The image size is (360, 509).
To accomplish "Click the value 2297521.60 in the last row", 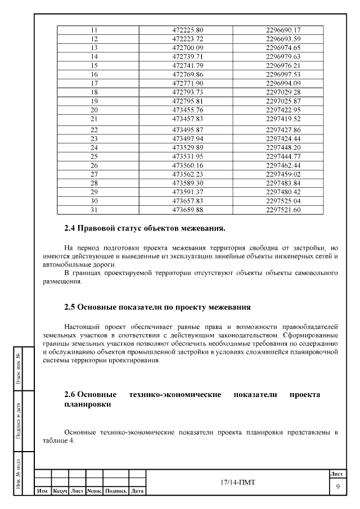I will (x=283, y=210).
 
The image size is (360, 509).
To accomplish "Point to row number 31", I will (x=94, y=210).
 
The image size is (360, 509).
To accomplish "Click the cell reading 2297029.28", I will (x=283, y=92).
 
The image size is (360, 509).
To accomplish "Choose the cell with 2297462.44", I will (x=283, y=165).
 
